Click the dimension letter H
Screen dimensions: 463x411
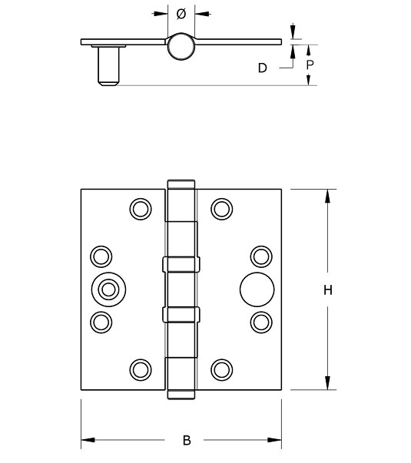point(327,290)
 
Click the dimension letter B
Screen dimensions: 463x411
point(187,441)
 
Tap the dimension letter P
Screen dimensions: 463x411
point(310,65)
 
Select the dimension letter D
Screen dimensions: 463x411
point(262,68)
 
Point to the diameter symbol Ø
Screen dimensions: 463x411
point(181,14)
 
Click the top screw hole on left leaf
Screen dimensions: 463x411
point(140,208)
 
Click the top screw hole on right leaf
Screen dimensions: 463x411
point(222,208)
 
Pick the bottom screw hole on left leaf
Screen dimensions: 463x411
point(140,369)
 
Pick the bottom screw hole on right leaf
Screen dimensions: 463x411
point(222,369)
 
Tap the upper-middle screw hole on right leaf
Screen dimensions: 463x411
point(261,256)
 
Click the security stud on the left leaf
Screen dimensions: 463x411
point(106,289)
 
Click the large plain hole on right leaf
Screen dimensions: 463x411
point(254,289)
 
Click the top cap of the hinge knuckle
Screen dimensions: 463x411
point(181,185)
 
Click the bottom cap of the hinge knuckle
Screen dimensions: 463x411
point(181,396)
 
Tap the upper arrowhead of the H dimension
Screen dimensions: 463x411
point(327,195)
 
